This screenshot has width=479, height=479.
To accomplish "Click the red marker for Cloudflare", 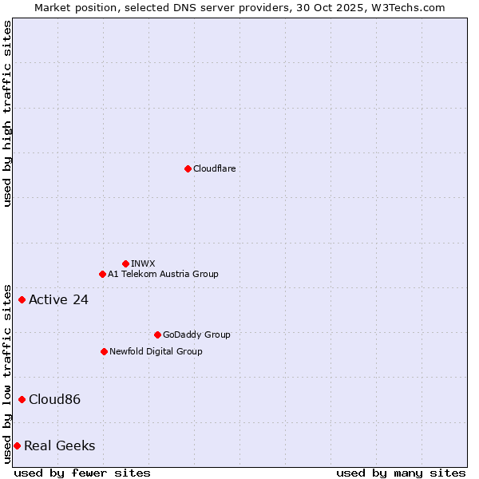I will (188, 168).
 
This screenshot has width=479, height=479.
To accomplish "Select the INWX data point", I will (125, 263).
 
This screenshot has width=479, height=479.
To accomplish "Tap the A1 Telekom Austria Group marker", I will (102, 274).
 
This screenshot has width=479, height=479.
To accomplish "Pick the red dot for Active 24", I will (22, 299).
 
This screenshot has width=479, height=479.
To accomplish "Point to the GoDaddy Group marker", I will (157, 335).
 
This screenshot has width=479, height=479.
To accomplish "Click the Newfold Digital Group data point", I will (104, 351).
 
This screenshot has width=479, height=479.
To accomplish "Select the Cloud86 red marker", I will (22, 399).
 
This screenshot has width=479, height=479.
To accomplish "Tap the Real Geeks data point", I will (17, 445).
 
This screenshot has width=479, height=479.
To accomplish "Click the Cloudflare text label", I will (214, 168).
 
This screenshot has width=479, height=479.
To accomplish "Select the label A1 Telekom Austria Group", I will (163, 274).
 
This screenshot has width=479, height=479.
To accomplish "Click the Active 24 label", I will (58, 300).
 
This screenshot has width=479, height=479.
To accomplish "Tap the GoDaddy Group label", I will (196, 335).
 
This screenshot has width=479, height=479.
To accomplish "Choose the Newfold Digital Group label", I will (156, 351).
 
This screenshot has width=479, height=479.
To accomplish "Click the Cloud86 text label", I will (54, 399).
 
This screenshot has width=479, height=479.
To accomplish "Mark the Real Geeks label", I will (59, 445).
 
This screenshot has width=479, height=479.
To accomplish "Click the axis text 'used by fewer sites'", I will (82, 473).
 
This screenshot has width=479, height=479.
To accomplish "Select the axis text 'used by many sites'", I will (401, 473).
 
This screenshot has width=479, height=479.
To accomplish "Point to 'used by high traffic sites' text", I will (7, 113).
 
